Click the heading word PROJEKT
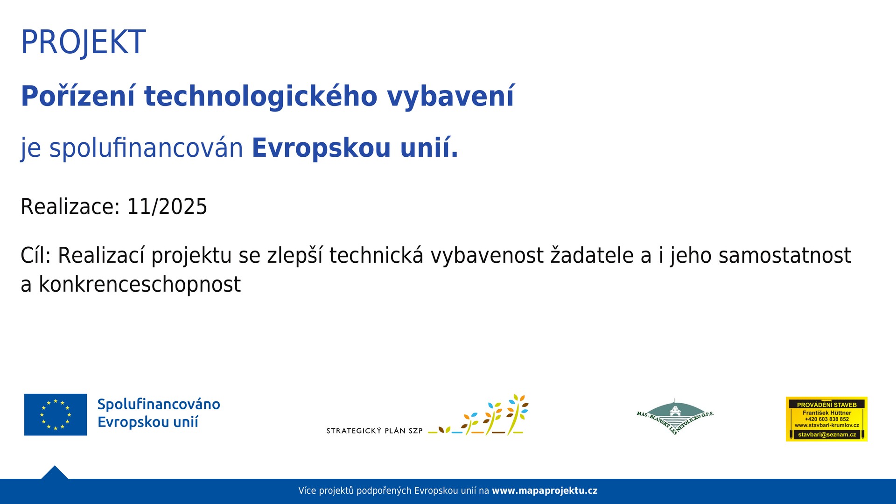(83, 42)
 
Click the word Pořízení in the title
(78, 97)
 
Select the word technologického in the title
(261, 97)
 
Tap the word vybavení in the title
(450, 97)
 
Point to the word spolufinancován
(146, 148)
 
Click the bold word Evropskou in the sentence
(321, 148)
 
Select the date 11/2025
(167, 207)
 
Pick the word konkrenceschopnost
(140, 285)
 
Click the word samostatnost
(784, 256)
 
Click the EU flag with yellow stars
(56, 414)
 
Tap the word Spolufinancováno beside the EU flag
(159, 404)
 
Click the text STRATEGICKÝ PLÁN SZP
(374, 431)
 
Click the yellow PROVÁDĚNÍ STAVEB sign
(826, 419)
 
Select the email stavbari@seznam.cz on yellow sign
(826, 434)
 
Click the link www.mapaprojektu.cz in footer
(545, 491)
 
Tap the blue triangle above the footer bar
(55, 473)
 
